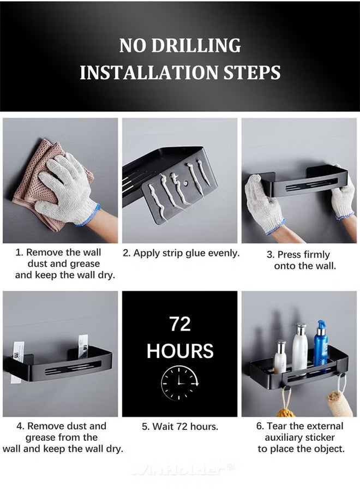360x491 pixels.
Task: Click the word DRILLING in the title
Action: coord(196,45)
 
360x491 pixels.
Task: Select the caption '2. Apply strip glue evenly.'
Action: coord(181,253)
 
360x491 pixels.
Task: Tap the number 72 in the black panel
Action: coord(180,324)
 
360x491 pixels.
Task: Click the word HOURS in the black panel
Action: coord(180,351)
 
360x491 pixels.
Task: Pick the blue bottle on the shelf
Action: coord(321,344)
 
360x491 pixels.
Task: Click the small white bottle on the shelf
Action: coord(280,357)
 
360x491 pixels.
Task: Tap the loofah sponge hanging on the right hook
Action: coord(340,404)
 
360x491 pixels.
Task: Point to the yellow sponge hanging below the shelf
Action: coord(285,412)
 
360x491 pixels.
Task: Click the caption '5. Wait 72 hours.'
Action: coord(180,427)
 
